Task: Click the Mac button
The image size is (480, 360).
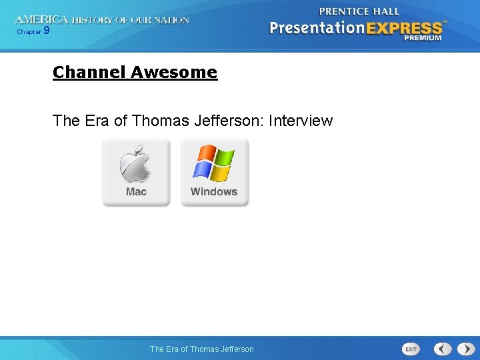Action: tap(136, 173)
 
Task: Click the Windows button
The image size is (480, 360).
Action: tap(214, 173)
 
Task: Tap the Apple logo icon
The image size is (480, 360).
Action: tap(135, 164)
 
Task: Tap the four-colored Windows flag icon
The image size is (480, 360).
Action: tap(214, 163)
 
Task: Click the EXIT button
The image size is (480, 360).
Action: tap(411, 349)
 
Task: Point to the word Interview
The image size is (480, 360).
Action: tap(300, 121)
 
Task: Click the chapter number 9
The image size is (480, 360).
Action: tap(46, 30)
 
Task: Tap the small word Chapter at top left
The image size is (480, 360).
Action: tap(29, 31)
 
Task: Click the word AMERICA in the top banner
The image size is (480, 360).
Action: tap(41, 20)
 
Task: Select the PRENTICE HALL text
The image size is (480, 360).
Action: tap(359, 11)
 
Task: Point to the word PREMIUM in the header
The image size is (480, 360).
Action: tap(423, 38)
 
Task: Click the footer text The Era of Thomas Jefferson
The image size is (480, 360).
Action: tap(202, 349)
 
